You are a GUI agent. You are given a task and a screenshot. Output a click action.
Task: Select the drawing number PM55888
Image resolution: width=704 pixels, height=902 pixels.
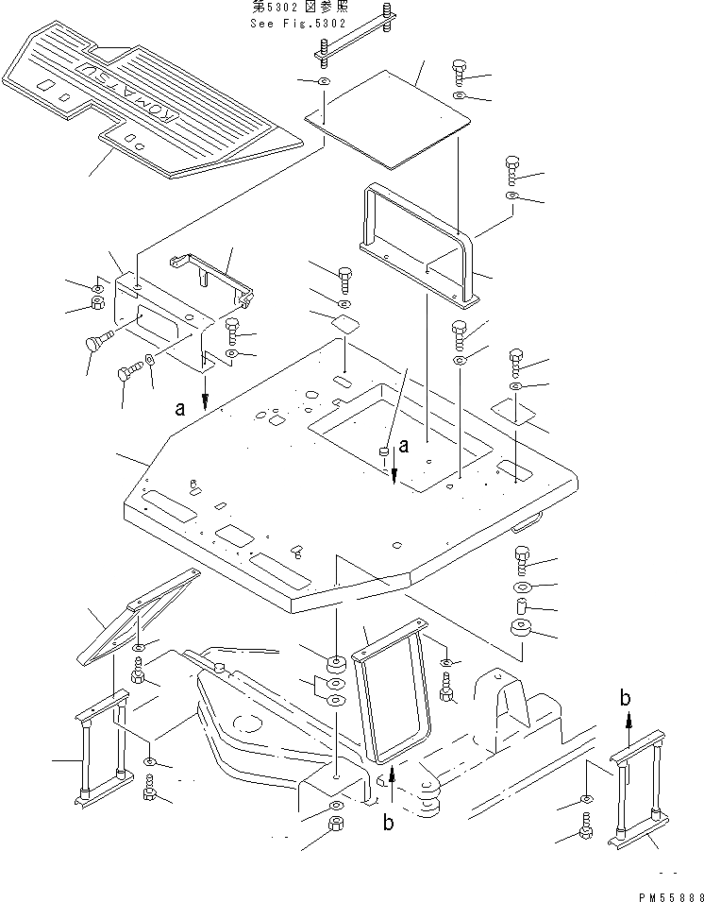pos(666,893)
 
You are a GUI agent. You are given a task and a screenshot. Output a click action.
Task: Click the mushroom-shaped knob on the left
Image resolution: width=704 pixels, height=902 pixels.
pos(96,343)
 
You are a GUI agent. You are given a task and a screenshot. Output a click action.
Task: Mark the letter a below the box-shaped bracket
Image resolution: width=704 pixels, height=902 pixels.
pos(179,409)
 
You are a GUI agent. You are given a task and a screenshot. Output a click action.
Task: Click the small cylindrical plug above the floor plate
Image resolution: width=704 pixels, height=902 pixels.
pos(384,454)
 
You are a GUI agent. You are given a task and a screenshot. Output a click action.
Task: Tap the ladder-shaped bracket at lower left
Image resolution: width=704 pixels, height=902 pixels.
pos(102,746)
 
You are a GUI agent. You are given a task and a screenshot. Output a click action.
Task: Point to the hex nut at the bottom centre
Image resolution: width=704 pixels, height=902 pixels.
pos(337,828)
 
